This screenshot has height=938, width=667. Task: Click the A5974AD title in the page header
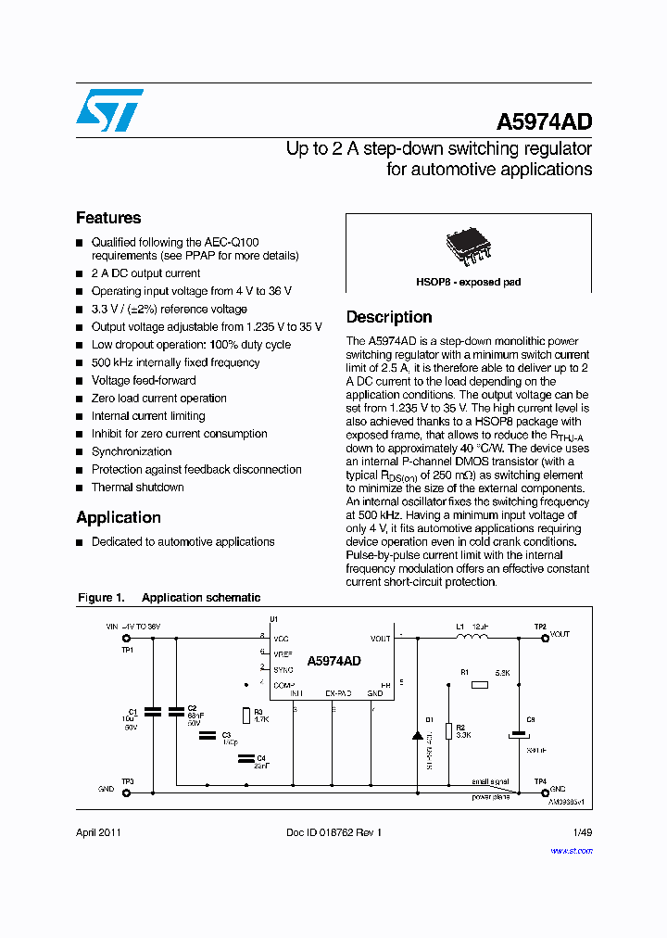point(544,122)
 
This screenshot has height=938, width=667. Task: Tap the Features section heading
point(108,218)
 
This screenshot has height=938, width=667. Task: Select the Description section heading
point(389,317)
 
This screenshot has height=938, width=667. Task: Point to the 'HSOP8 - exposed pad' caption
point(469,282)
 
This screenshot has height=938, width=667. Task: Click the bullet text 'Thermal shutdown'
point(137,488)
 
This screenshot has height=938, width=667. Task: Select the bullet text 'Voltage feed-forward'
point(144,380)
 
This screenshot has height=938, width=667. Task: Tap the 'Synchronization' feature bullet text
point(132,451)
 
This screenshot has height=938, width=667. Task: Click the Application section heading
point(119,517)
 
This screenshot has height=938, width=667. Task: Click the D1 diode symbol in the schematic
point(417,735)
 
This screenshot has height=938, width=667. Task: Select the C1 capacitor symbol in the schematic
point(153,711)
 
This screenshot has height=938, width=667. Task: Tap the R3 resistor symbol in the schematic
point(245,715)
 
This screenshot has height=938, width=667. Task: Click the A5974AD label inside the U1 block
point(333,661)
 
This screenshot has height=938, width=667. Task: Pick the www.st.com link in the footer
point(574,849)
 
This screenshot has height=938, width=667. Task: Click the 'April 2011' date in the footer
point(98,832)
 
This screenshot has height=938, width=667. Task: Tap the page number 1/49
point(582,832)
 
